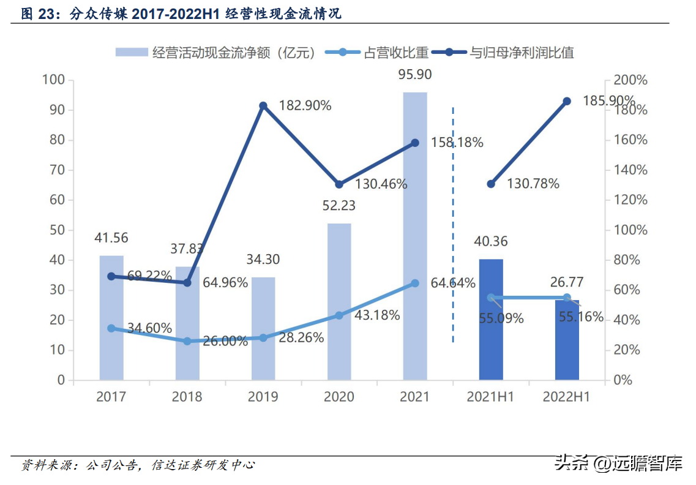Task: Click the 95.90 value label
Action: [x=414, y=75]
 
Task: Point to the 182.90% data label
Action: [x=305, y=105]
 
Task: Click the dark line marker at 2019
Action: [x=263, y=106]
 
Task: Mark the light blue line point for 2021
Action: [x=414, y=284]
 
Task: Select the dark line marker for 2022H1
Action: [x=567, y=101]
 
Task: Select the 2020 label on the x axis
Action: [x=339, y=397]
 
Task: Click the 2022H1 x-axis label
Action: [x=566, y=397]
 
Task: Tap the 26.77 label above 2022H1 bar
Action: [x=566, y=282]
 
